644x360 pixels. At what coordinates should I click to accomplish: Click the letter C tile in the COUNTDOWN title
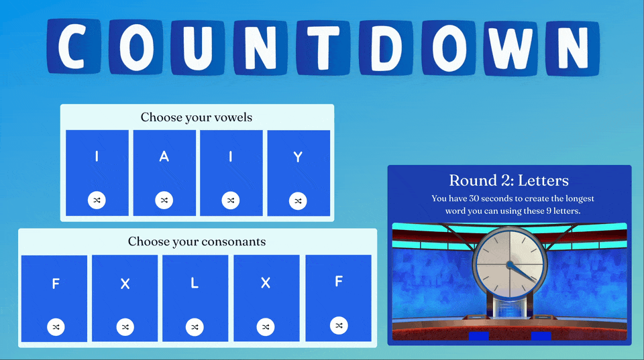point(74,46)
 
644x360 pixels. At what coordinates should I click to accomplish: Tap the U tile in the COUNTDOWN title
point(198,47)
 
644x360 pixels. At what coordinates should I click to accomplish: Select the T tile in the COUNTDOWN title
point(323,48)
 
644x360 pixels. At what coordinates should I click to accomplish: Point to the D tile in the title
point(386,48)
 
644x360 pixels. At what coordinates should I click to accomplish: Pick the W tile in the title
point(511,48)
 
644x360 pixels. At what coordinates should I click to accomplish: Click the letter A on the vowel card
point(164,156)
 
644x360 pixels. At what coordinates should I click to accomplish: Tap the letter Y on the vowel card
point(298,157)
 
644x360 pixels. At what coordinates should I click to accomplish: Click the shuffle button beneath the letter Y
point(298,201)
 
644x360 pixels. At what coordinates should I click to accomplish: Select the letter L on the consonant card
point(195,282)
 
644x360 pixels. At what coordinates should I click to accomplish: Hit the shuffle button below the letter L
point(195,327)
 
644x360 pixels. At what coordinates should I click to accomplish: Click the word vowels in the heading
point(235,117)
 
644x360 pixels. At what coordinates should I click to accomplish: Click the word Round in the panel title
point(468,180)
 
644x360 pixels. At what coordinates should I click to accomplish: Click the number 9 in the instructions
point(548,211)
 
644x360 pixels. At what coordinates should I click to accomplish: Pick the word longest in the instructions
point(580,198)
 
